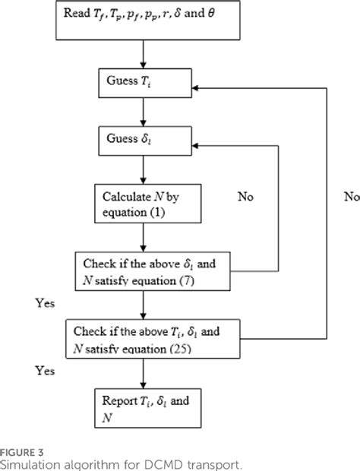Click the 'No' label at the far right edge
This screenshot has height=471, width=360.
pos(351,196)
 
